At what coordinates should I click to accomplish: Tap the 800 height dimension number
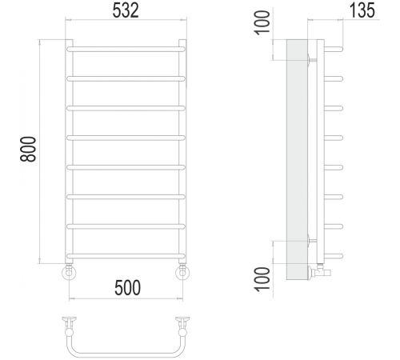tap(29, 150)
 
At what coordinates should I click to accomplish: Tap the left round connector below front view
tap(69, 273)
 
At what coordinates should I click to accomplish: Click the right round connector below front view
tap(184, 273)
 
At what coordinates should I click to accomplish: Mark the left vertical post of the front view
tap(69, 152)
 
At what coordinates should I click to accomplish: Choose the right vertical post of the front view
tap(184, 152)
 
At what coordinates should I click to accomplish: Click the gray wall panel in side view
tap(297, 152)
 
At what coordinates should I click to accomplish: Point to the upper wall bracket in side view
tap(311, 58)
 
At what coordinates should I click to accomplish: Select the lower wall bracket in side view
tap(311, 240)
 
